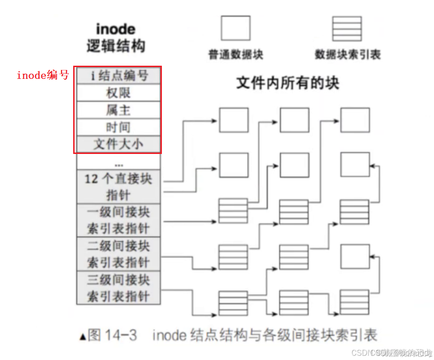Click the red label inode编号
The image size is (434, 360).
pos(43,75)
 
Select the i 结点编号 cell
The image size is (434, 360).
pos(118,76)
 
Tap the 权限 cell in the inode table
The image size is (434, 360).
pos(118,93)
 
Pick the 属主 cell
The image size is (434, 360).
pos(118,110)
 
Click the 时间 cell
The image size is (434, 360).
pos(118,127)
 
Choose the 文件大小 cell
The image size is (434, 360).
pos(118,144)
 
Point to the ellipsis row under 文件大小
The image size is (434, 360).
pos(118,162)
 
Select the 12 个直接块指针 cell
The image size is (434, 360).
pos(118,186)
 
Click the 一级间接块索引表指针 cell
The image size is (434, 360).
pos(118,220)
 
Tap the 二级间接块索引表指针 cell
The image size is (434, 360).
pos(118,253)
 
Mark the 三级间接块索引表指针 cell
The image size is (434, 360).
pos(118,287)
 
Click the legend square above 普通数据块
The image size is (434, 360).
pos(236,28)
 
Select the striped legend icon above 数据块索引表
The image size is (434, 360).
pos(347,29)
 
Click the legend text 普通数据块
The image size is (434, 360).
pos(236,54)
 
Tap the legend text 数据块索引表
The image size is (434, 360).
pos(347,54)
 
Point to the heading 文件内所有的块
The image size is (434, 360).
pos(287,83)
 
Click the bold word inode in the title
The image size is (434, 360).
pos(115,29)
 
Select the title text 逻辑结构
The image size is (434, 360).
pos(115,46)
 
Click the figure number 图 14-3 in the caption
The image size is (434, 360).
pos(112,335)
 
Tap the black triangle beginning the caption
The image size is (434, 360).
pos(83,336)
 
